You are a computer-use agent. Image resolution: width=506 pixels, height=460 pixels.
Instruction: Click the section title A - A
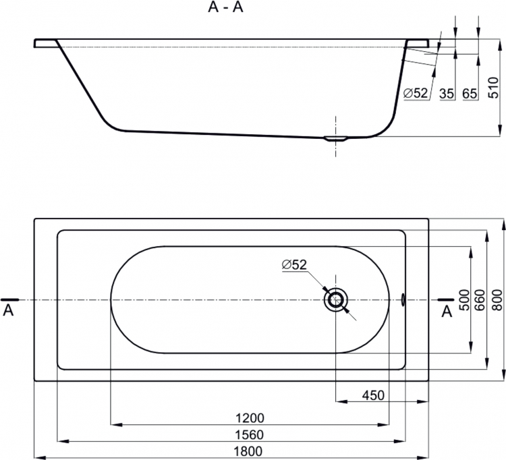click(x=225, y=7)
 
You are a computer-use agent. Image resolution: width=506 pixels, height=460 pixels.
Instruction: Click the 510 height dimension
click(x=493, y=88)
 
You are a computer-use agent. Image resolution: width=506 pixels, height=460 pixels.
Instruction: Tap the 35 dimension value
click(x=447, y=94)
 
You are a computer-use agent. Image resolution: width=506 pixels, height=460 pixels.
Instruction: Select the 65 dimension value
click(x=470, y=94)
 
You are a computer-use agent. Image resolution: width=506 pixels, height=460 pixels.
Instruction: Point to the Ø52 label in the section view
click(x=416, y=93)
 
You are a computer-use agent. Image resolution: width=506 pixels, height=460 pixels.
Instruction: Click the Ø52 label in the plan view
click(x=294, y=264)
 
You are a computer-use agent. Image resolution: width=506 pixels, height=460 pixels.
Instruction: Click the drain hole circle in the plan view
click(x=336, y=299)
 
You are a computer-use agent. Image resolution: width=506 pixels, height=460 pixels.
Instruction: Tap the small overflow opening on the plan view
click(x=403, y=299)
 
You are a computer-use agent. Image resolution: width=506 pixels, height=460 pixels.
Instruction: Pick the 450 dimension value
click(x=373, y=395)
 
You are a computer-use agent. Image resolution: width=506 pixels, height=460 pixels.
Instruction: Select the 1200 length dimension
click(x=250, y=418)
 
